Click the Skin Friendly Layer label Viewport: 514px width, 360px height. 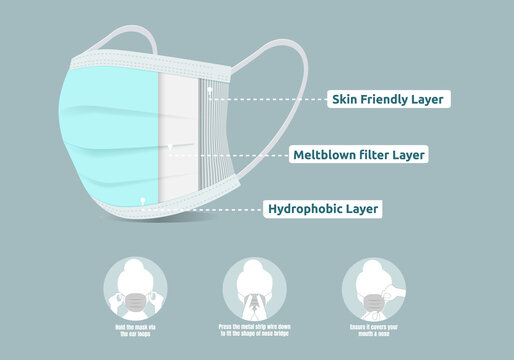(x=387, y=99)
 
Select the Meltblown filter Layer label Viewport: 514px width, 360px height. (x=360, y=155)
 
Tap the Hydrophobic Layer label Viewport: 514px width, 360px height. (x=324, y=209)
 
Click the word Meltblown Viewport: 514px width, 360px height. (x=323, y=155)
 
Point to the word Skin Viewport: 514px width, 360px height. (x=347, y=99)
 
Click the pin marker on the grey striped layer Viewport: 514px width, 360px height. (x=209, y=90)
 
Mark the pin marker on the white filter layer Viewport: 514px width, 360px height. (x=172, y=146)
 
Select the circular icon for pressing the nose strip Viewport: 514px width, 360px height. (x=251, y=283)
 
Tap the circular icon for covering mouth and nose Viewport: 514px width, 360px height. (x=372, y=283)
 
